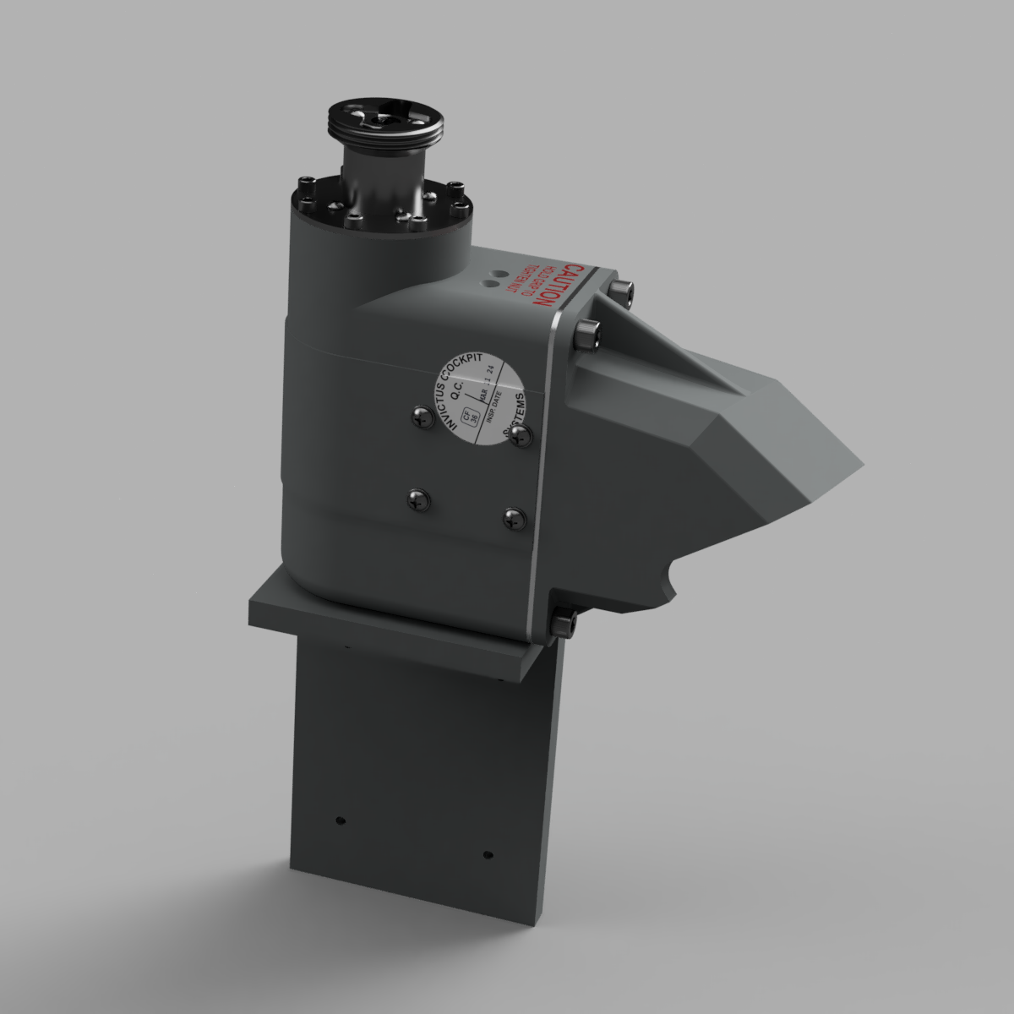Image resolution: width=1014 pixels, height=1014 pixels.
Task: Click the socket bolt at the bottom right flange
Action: click(564, 624)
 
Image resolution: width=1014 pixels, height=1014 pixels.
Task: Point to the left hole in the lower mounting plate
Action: click(340, 820)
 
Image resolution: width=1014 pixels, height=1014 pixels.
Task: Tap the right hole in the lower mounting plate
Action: click(488, 855)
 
